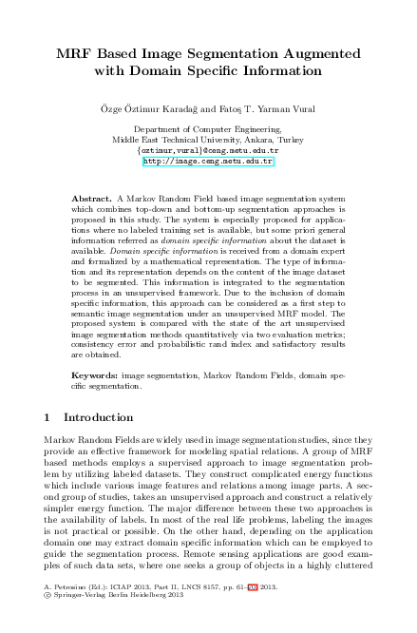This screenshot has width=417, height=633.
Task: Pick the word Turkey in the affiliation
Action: [286, 139]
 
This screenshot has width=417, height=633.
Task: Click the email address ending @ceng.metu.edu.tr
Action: [208, 150]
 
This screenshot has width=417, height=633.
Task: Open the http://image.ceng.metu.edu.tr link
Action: [208, 162]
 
